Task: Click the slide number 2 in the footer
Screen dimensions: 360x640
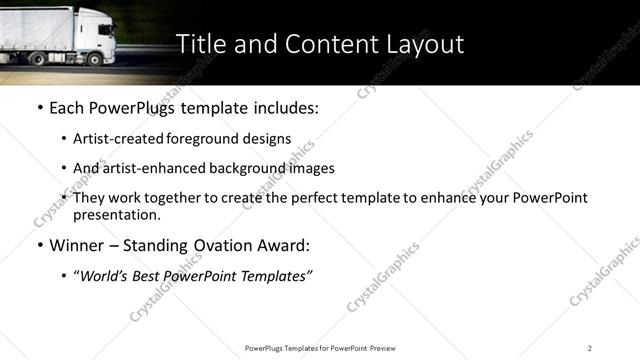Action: click(590, 348)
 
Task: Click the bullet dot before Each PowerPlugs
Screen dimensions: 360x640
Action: click(40, 107)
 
